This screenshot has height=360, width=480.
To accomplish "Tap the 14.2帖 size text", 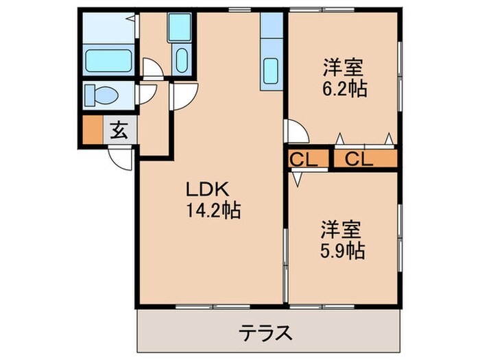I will [x=212, y=212].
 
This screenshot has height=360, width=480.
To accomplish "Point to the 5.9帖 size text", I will [x=341, y=250].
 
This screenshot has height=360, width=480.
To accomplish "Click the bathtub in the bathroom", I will [x=106, y=60].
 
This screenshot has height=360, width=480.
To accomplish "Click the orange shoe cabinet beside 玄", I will [x=92, y=130].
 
